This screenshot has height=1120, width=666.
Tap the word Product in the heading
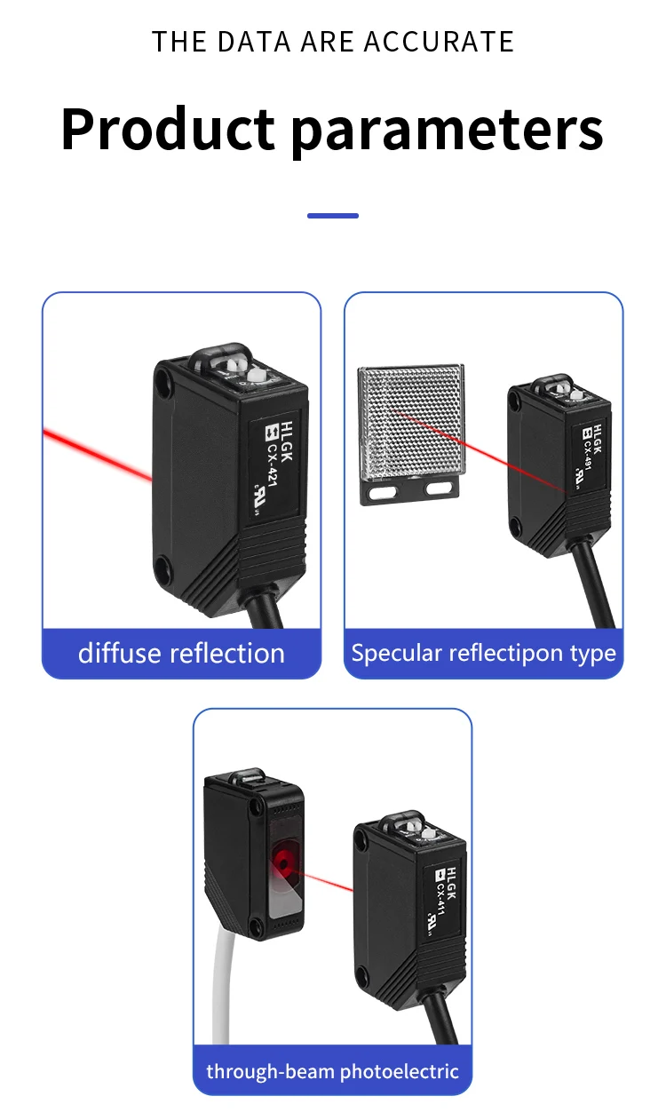tap(168, 129)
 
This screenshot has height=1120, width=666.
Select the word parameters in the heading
tap(448, 131)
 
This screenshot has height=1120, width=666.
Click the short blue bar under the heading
tap(333, 216)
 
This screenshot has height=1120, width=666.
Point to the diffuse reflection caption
tap(181, 654)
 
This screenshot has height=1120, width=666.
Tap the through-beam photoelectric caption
tap(332, 1071)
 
